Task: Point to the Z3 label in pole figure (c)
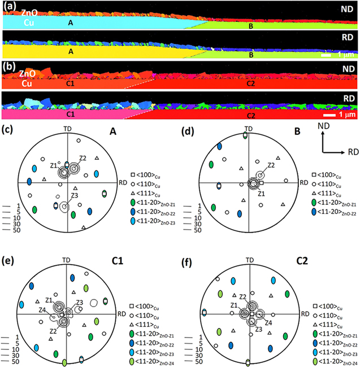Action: pos(73,196)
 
